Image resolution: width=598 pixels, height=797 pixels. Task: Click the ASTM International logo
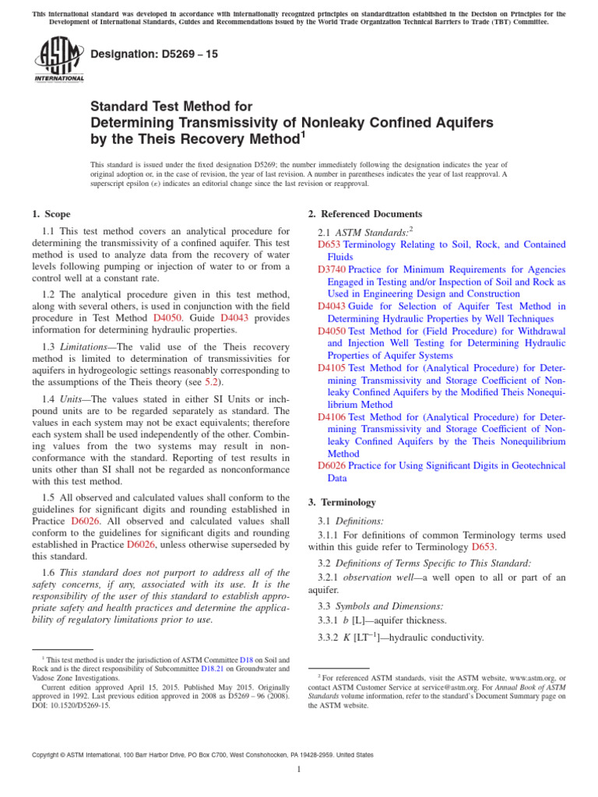coord(58,61)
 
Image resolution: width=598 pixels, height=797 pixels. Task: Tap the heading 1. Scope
coord(51,214)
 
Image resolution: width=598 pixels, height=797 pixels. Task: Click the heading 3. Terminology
coord(343,502)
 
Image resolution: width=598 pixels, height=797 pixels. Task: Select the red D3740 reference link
coord(332,269)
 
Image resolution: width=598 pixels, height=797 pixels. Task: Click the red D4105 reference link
coord(332,367)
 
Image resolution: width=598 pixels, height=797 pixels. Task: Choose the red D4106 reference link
coord(332,416)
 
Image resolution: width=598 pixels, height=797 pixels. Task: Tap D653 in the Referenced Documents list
coord(329,244)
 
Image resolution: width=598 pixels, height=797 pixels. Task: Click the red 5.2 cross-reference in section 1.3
coord(212,382)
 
